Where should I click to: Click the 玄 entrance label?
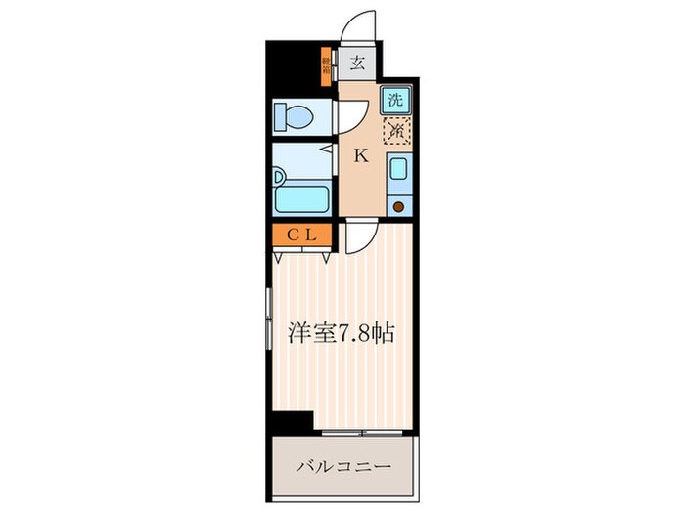(x=358, y=64)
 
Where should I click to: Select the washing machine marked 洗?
(x=395, y=99)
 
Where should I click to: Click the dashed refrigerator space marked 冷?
(x=395, y=130)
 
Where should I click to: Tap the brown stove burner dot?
(x=397, y=205)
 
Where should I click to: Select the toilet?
(x=295, y=118)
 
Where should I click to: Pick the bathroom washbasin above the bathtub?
(x=280, y=177)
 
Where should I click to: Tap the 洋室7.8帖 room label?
(x=341, y=333)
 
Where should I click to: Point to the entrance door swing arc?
(x=360, y=25)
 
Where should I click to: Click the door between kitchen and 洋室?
(x=358, y=235)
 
